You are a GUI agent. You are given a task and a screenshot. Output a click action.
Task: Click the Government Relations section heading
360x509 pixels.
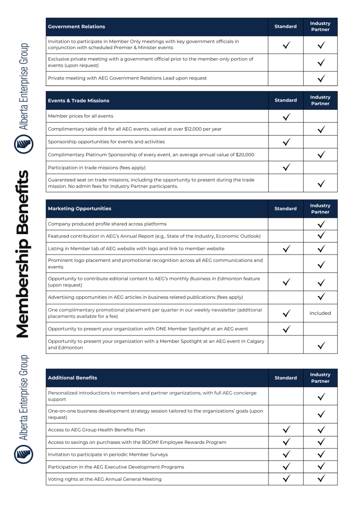click(x=77, y=27)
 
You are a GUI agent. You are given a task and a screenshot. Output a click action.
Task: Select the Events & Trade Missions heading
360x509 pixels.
click(x=79, y=100)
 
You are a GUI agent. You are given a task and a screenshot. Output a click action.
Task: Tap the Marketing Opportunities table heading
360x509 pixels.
click(x=80, y=209)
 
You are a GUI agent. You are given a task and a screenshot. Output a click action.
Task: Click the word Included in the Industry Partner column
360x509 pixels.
click(x=320, y=314)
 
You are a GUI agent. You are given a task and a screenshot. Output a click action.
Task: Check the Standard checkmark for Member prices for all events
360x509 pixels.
click(x=285, y=116)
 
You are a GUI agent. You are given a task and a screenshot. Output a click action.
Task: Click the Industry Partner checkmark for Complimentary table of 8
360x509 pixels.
click(x=320, y=129)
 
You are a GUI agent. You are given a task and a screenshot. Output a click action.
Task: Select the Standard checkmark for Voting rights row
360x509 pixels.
click(x=285, y=479)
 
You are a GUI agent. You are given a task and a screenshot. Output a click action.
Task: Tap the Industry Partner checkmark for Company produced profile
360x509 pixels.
click(x=320, y=224)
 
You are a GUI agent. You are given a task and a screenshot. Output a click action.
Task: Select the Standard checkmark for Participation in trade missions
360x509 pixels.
click(x=285, y=168)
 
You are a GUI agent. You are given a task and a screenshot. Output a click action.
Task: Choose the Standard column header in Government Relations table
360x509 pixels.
click(x=285, y=27)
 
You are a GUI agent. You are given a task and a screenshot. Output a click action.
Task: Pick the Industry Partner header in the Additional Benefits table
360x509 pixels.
click(x=320, y=378)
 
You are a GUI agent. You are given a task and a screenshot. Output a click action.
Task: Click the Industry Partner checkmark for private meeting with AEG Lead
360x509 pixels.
click(x=320, y=78)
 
